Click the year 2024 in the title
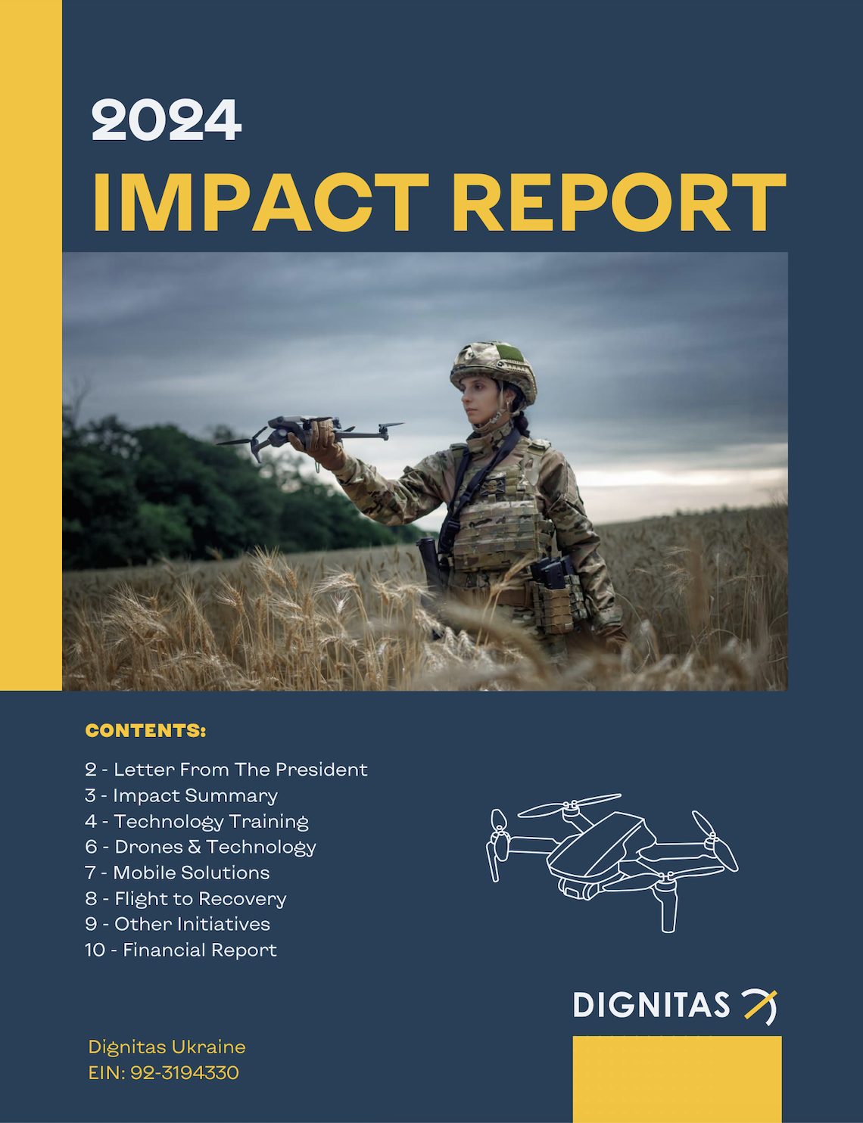[x=167, y=120]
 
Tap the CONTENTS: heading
[x=145, y=731]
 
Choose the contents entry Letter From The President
[x=226, y=770]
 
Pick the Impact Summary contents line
[x=182, y=796]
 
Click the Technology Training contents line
[x=197, y=822]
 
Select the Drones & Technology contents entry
[x=201, y=848]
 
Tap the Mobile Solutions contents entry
[x=177, y=873]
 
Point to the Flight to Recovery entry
[x=186, y=899]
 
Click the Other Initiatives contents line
[x=178, y=924]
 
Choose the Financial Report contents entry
[x=181, y=950]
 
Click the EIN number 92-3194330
[x=184, y=1073]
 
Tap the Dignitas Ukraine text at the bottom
[x=167, y=1047]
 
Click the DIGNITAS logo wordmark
[x=651, y=1006]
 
